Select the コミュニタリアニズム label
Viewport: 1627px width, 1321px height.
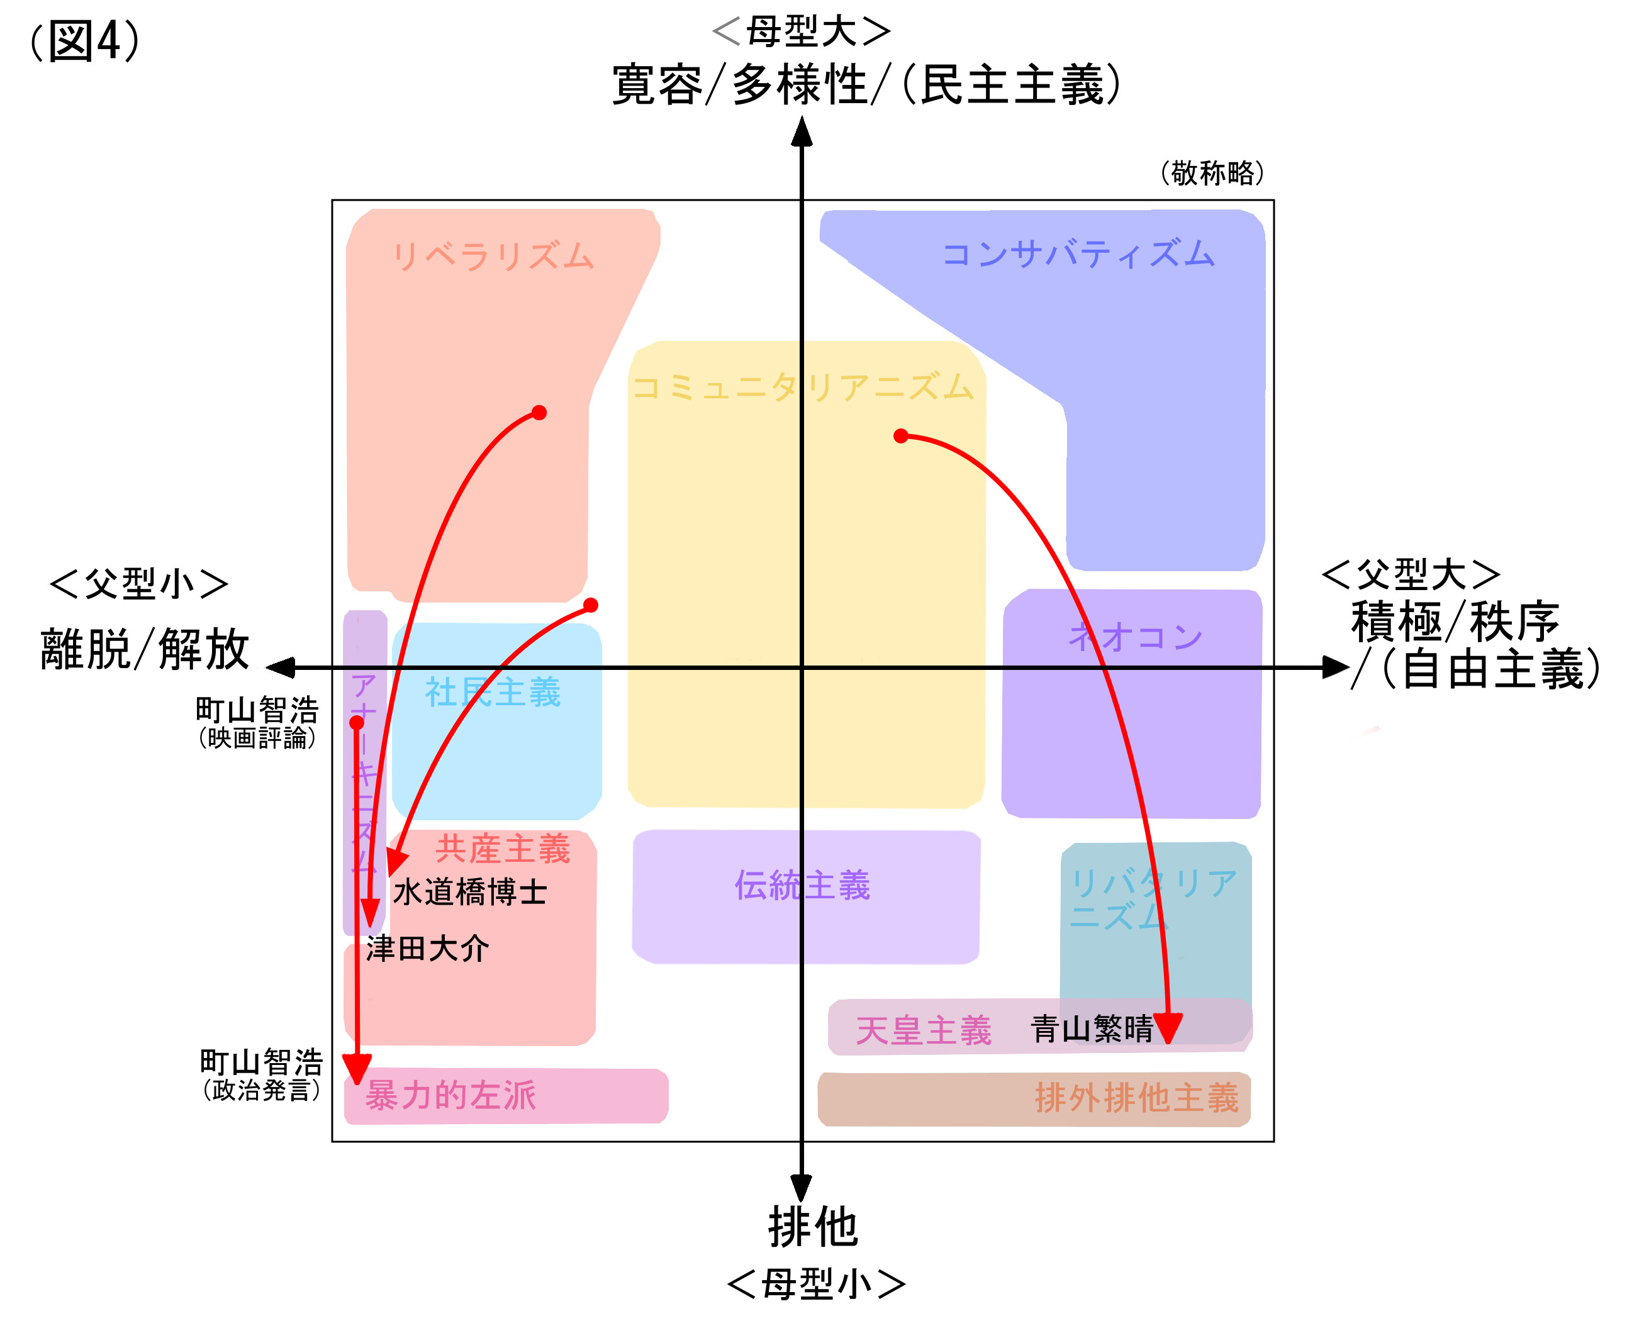click(x=802, y=387)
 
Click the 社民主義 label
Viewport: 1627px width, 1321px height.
click(x=493, y=692)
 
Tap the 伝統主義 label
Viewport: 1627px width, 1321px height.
click(x=802, y=885)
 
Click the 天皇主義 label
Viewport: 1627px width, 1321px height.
click(x=923, y=1030)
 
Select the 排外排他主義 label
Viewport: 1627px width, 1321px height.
click(x=1136, y=1097)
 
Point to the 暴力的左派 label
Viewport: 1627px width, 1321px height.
click(x=450, y=1095)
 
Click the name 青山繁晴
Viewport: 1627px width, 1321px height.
click(x=1091, y=1028)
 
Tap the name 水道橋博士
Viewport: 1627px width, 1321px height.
click(x=469, y=892)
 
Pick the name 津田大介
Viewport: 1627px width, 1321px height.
click(x=427, y=948)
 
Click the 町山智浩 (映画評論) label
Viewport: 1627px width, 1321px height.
click(x=257, y=721)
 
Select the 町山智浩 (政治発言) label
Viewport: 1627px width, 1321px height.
click(x=261, y=1074)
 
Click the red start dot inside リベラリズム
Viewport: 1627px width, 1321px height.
click(x=539, y=413)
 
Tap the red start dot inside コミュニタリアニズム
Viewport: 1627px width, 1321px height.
click(x=901, y=436)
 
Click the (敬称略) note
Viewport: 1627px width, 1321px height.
click(x=1212, y=173)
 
